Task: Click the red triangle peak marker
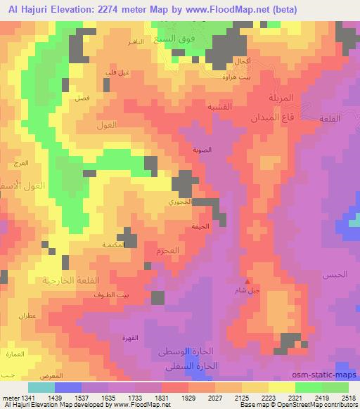[246, 280]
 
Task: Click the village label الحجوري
[177, 202]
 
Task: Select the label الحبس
[335, 274]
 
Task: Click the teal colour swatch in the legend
[41, 387]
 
